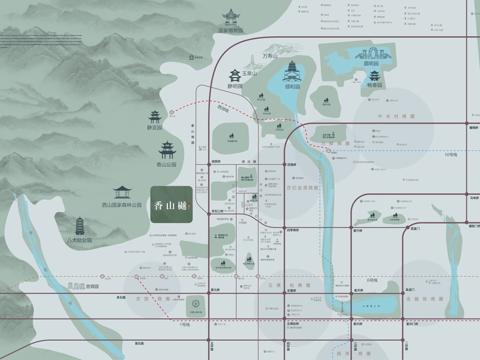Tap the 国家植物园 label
tap(231, 30)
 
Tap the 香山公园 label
tap(166, 165)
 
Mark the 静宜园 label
tap(155, 127)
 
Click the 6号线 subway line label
tap(371, 280)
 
